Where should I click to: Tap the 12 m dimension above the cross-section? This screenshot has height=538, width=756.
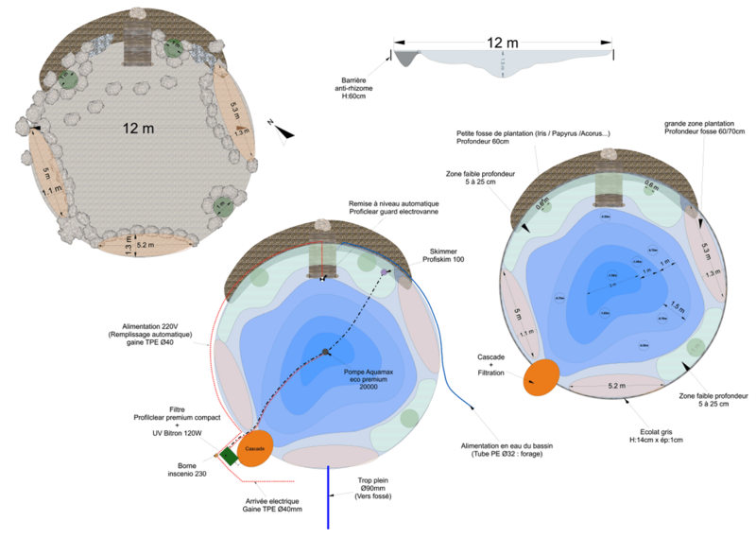click(x=503, y=43)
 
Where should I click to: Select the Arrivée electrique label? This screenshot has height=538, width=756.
click(x=270, y=505)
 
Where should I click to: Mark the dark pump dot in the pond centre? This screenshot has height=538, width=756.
click(x=325, y=353)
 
